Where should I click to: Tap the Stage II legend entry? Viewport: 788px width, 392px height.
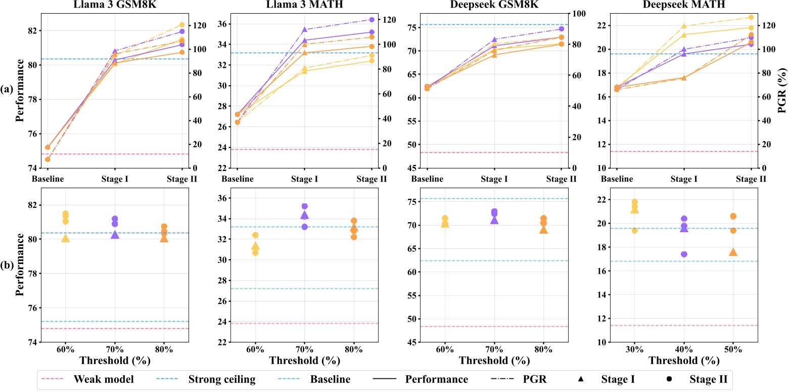pyautogui.click(x=708, y=379)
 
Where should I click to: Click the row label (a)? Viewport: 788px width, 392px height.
pyautogui.click(x=7, y=90)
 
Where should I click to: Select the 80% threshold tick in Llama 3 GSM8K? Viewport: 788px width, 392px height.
pyautogui.click(x=164, y=350)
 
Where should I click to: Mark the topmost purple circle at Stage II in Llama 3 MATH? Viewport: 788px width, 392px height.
pyautogui.click(x=372, y=20)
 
